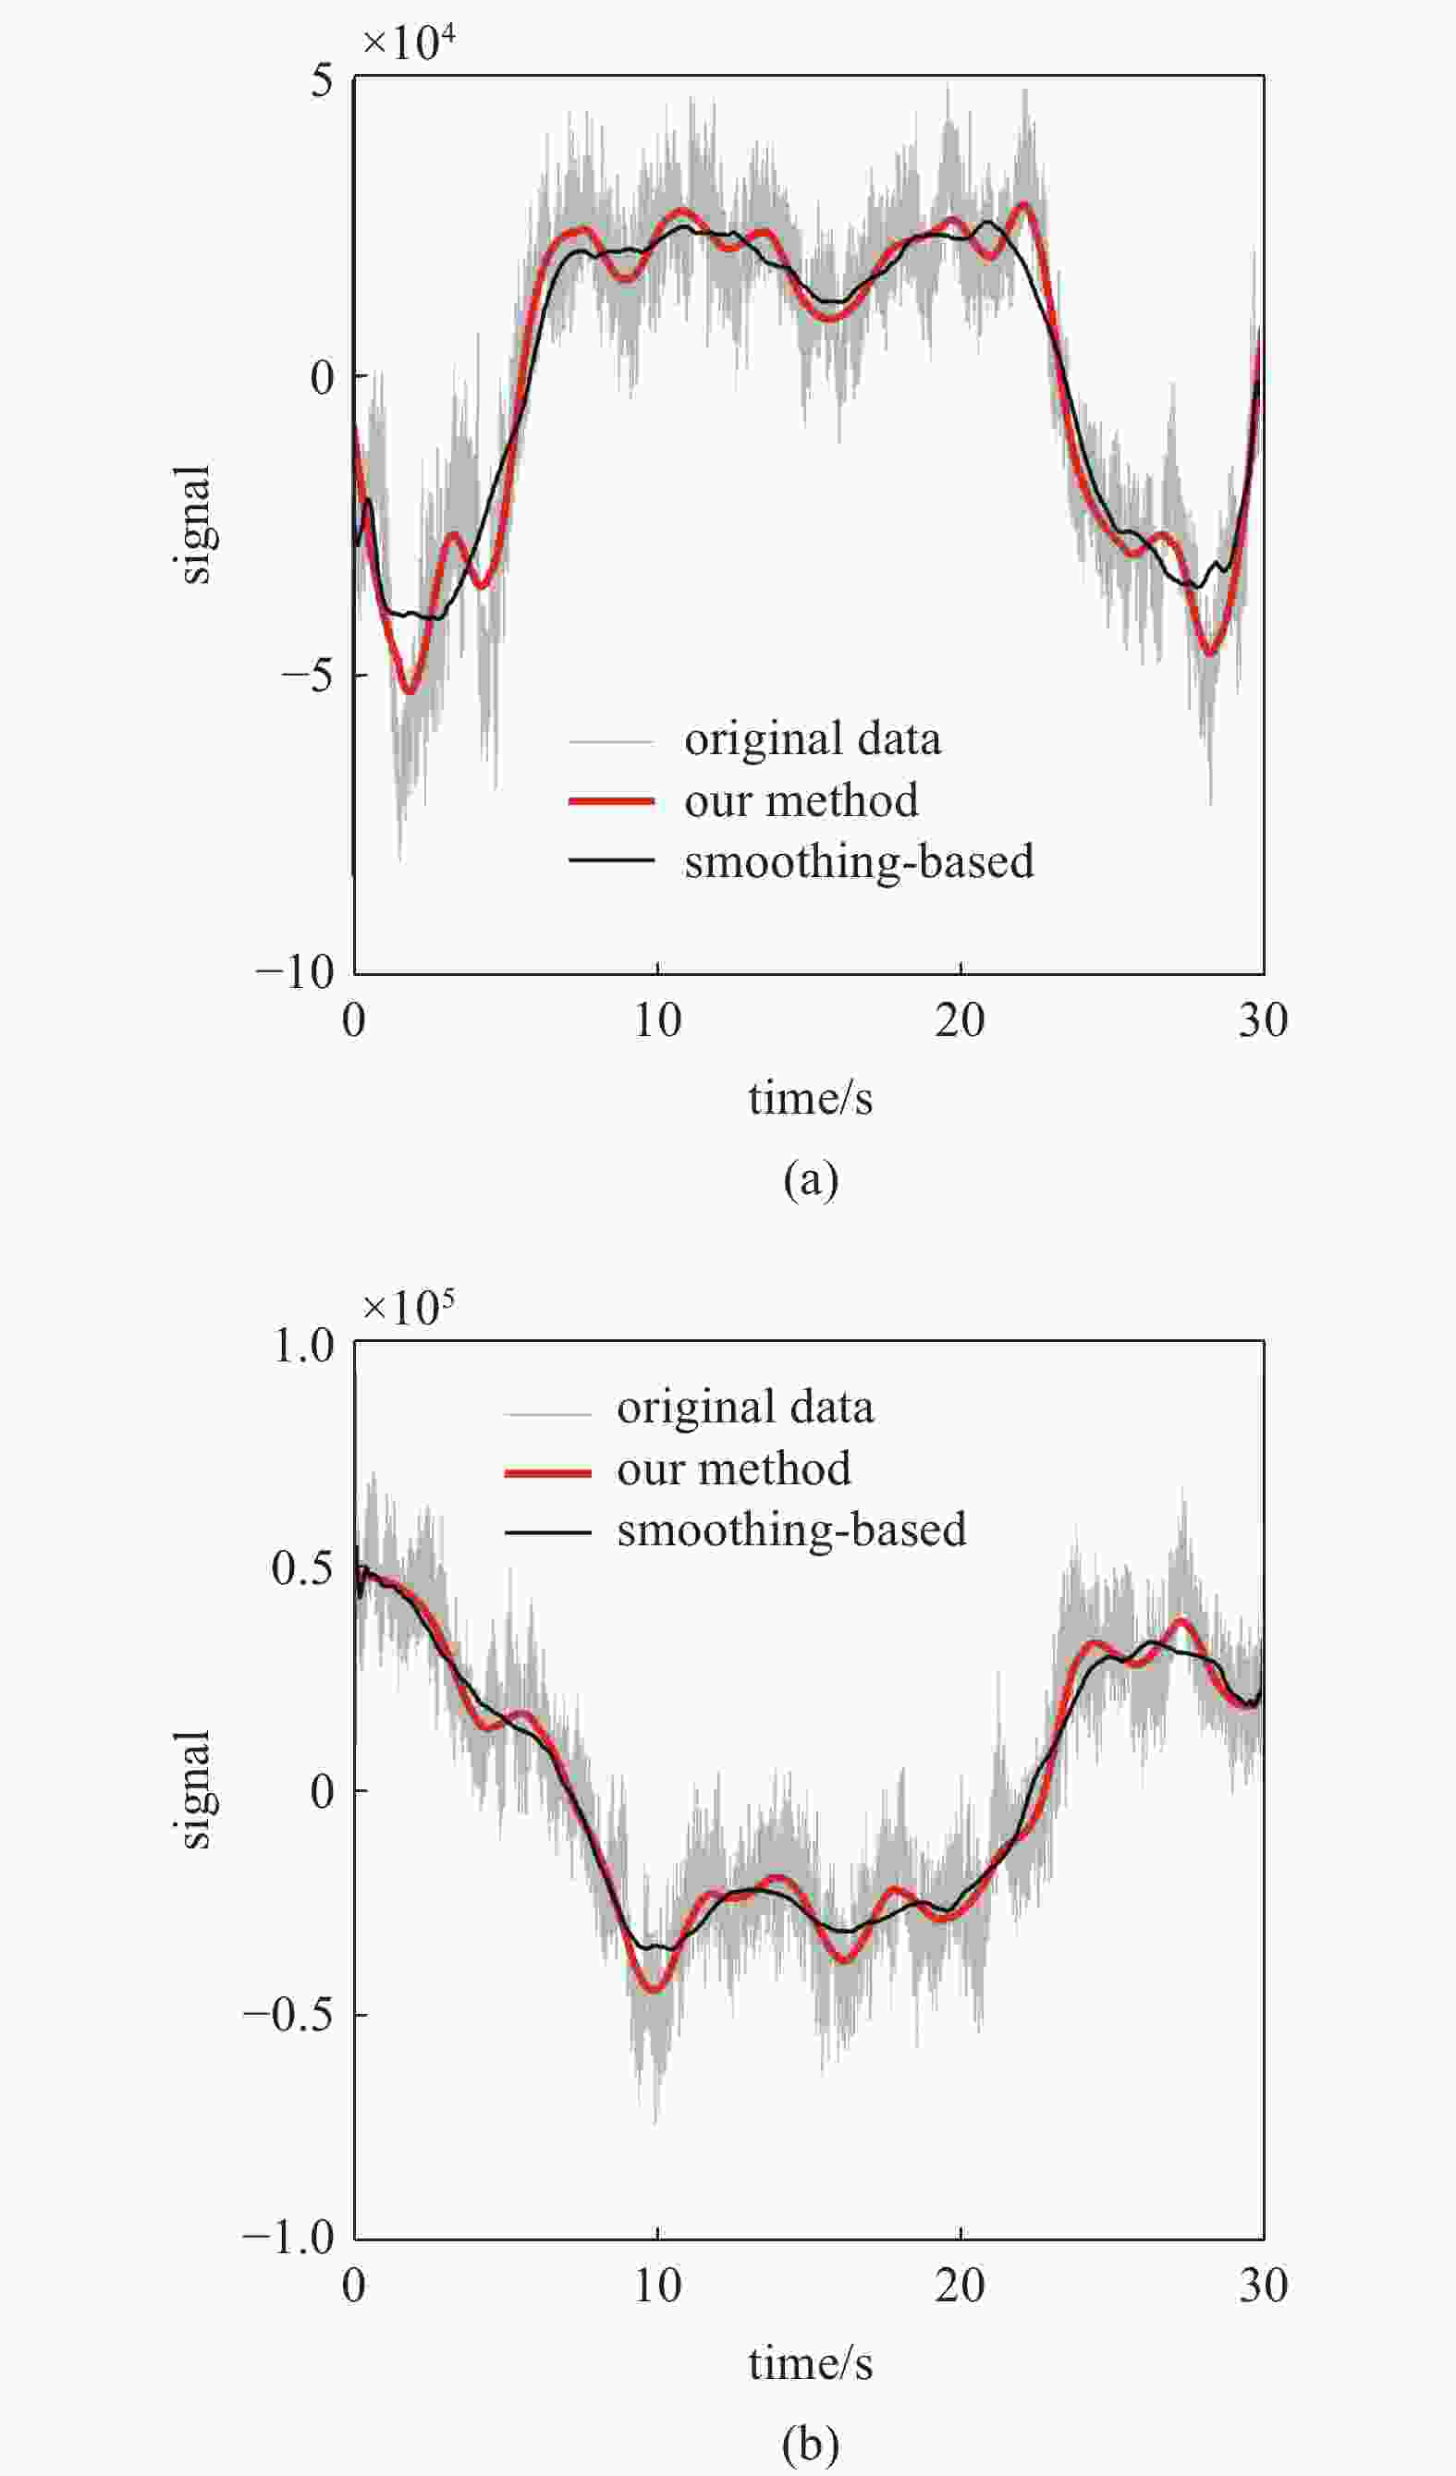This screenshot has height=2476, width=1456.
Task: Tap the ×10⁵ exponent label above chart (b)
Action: pos(409,1307)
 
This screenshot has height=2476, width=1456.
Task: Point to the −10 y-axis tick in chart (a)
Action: pos(295,972)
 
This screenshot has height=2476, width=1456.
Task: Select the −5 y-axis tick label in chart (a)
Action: pos(308,676)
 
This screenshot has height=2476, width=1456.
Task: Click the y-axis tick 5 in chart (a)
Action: pos(323,80)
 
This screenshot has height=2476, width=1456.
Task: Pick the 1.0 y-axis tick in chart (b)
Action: pos(303,1345)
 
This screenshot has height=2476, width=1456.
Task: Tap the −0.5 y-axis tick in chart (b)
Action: pos(288,2014)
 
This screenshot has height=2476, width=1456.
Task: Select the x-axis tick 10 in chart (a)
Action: pos(656,1021)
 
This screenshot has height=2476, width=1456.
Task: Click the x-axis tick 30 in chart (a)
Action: pos(1263,1021)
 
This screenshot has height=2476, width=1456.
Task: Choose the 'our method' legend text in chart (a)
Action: pos(801,800)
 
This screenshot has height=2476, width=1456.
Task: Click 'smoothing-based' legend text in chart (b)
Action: pos(791,1530)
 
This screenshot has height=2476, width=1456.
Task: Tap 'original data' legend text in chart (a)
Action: pos(812,738)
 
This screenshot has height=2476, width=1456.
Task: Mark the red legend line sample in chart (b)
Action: pos(547,1473)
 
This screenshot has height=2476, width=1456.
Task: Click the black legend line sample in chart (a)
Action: pos(611,860)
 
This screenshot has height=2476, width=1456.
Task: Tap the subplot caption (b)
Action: pos(810,2443)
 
